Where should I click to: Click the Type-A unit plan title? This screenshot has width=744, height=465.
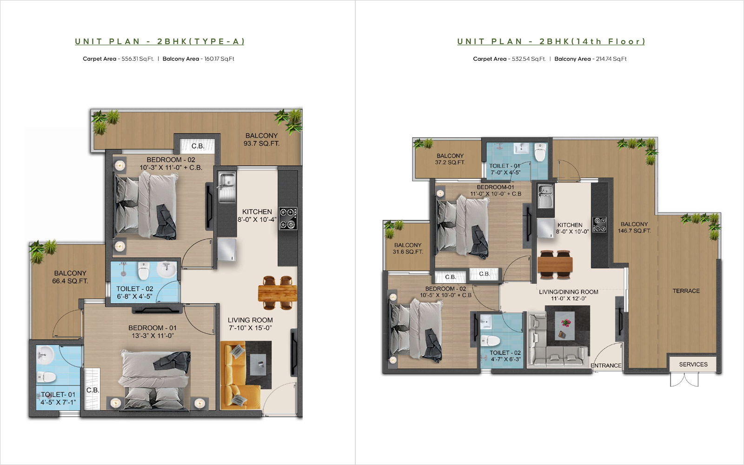point(160,41)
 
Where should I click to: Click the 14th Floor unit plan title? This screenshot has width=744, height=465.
point(551,41)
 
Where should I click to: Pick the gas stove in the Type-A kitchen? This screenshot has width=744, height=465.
point(288,219)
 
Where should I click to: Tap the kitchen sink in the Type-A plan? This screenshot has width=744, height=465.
point(227,186)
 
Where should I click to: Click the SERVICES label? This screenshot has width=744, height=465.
point(693,365)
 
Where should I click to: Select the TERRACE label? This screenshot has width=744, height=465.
point(686,291)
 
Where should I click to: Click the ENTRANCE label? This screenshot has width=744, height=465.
point(606,365)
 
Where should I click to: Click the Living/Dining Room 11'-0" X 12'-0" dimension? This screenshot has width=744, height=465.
point(569,299)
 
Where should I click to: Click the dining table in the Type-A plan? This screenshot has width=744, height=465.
point(277,293)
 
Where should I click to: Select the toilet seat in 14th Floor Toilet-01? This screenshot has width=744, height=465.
point(540,152)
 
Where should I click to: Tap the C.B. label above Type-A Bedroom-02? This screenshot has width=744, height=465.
point(198,146)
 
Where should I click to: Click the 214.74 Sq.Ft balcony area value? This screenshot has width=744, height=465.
point(611,59)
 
